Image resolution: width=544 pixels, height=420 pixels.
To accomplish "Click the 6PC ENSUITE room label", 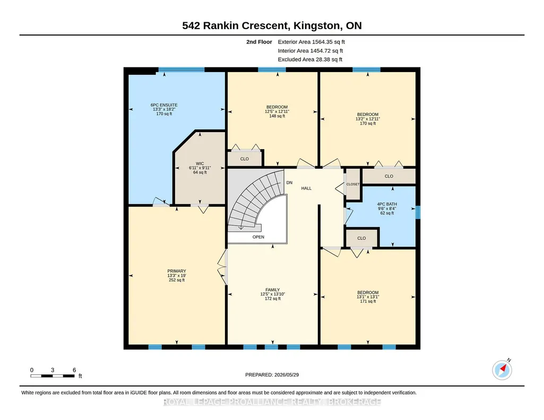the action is (x=164, y=105).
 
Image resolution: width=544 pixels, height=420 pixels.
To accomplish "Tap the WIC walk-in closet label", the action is (x=200, y=163).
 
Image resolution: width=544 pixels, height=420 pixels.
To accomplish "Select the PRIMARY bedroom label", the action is (x=177, y=271).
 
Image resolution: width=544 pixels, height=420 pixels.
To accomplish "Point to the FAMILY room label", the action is (x=273, y=290).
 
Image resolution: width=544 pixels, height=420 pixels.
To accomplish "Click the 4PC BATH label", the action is (x=387, y=204).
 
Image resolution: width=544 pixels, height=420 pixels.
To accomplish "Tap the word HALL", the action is (x=306, y=188).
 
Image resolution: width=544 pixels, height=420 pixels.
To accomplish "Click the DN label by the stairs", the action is (x=289, y=182).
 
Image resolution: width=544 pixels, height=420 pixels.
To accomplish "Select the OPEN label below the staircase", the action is (x=258, y=237).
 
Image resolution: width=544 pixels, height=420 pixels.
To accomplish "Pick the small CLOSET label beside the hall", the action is (x=353, y=184).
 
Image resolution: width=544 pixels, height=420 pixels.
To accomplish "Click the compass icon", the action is (x=502, y=370).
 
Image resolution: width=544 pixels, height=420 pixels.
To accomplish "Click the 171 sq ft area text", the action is (x=368, y=301).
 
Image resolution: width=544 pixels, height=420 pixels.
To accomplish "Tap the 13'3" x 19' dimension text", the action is (x=177, y=276).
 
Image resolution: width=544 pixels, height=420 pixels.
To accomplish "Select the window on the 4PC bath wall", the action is (x=418, y=213).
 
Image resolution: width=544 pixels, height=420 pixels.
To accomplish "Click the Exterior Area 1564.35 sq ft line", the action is (x=311, y=42).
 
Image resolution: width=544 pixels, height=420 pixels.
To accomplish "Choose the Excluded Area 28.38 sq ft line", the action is (x=310, y=59).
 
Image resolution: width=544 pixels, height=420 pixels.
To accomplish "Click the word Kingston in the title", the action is (x=317, y=25).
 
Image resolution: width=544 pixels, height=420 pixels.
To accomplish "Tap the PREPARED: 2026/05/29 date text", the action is (x=272, y=374).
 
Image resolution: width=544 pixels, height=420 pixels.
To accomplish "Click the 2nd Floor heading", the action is (x=259, y=42).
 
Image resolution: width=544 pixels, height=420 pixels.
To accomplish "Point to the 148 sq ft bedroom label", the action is (x=277, y=116).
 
